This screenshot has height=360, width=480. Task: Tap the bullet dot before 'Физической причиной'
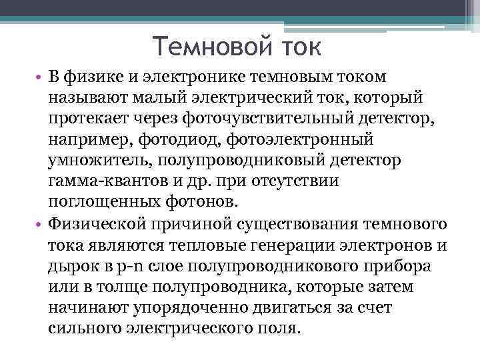pyautogui.click(x=40, y=223)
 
